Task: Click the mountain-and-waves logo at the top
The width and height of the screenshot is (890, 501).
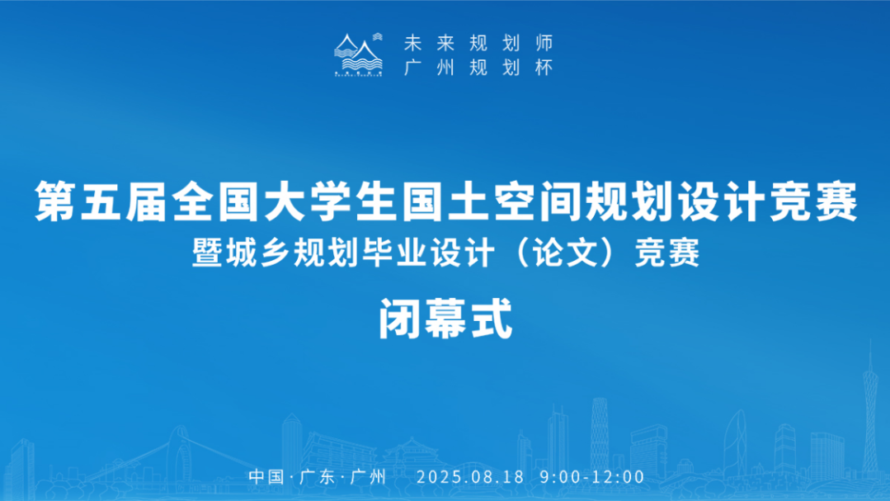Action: [x=358, y=54]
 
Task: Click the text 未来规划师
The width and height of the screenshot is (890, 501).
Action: [x=478, y=43]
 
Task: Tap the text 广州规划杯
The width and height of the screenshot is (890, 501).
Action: [x=478, y=68]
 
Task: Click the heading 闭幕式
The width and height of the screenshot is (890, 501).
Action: [x=445, y=319]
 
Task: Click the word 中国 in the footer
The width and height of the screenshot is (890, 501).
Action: [x=266, y=476]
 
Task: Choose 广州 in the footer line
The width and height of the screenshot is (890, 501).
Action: [x=369, y=476]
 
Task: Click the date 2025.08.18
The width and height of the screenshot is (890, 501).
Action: [x=470, y=476]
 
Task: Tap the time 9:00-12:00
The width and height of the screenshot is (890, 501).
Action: [x=592, y=476]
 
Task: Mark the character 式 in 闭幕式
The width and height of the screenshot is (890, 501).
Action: [x=492, y=319]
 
